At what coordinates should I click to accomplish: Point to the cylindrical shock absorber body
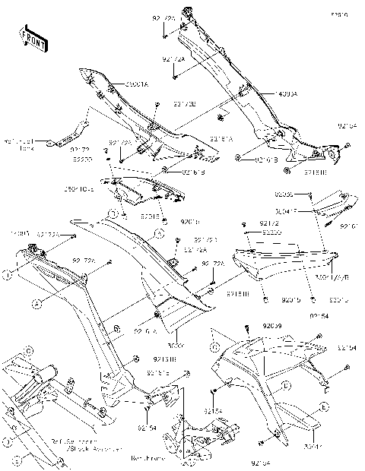43,375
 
